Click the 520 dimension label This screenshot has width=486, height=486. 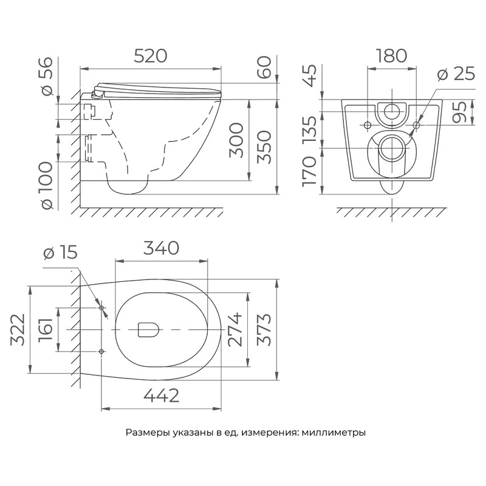[151, 56]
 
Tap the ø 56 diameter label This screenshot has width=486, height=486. [47, 77]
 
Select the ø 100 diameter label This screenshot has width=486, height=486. [47, 185]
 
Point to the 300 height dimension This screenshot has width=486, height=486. [236, 140]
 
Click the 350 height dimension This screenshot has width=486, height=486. [264, 146]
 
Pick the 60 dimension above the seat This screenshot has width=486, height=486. [264, 68]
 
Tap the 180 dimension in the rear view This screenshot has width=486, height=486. [391, 56]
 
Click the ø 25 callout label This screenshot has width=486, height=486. [456, 74]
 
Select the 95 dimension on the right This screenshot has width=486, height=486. [459, 112]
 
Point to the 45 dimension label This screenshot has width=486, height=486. [309, 75]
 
